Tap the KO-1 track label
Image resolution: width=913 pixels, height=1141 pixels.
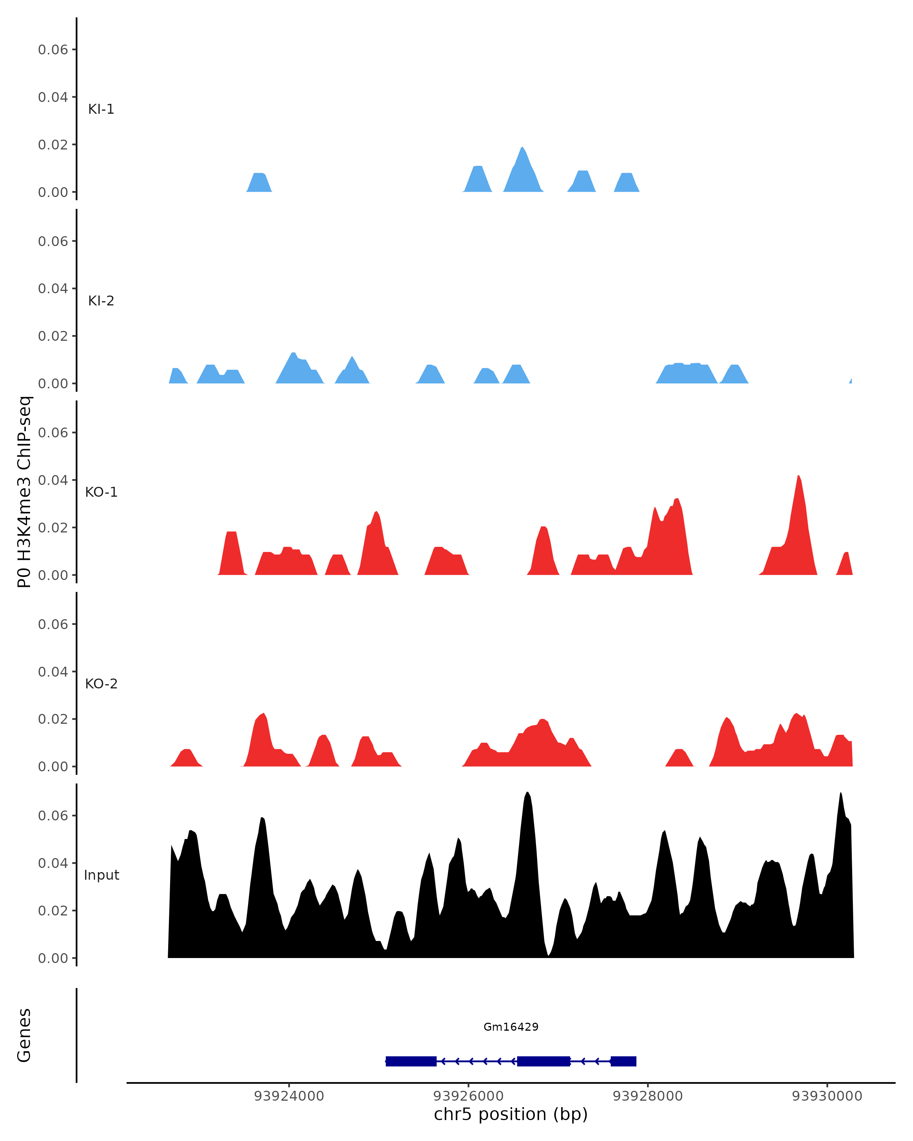(x=101, y=492)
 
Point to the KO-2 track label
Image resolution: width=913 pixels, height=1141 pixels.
(x=101, y=684)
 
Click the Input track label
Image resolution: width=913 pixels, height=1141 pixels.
(x=101, y=875)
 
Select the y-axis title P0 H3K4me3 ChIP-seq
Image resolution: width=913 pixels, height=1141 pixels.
(x=24, y=492)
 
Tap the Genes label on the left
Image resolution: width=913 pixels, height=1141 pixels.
(x=24, y=1036)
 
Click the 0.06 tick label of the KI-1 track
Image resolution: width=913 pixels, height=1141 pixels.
(x=53, y=50)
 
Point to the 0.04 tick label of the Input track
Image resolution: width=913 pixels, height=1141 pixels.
(x=53, y=863)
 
